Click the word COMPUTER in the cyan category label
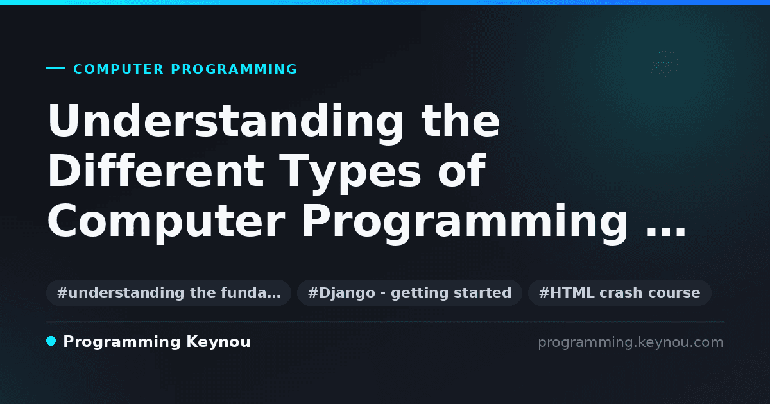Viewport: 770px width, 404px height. coord(119,69)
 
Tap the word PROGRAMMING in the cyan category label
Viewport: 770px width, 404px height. coord(234,69)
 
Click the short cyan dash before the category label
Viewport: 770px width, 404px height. coord(55,68)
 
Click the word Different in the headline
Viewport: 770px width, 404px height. coord(156,171)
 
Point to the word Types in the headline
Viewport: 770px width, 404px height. coord(350,174)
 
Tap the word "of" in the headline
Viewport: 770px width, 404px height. coord(461,171)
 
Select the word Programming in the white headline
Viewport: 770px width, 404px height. coord(465,223)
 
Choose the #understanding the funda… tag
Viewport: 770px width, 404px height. coord(169,292)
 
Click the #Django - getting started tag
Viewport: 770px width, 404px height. coord(410,292)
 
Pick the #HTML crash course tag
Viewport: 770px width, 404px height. coord(620,292)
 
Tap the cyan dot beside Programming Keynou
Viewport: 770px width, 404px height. coord(51,341)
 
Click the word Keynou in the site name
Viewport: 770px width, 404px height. coord(218,342)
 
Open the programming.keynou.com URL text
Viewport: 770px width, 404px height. coord(631,342)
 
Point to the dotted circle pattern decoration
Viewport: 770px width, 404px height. coord(663,64)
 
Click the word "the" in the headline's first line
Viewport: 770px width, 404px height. coord(460,121)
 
